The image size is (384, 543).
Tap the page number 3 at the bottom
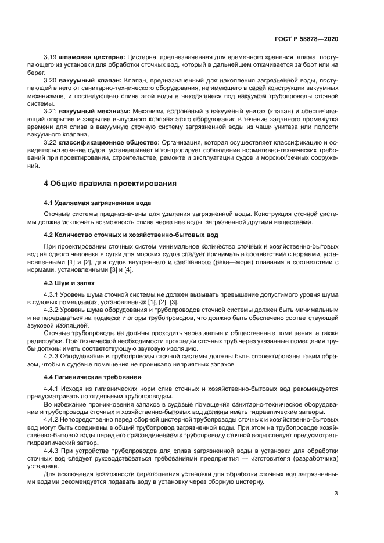336,494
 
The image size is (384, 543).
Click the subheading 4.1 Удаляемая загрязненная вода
97,203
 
